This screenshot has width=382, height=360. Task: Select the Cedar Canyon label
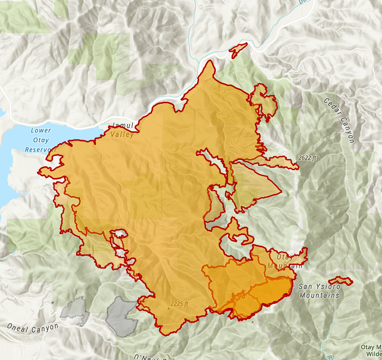(339, 120)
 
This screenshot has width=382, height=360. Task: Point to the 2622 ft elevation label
(308, 158)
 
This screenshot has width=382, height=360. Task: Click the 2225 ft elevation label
(179, 303)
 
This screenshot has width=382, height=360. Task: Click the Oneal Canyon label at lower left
(32, 327)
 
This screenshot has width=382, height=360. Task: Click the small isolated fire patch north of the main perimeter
(238, 49)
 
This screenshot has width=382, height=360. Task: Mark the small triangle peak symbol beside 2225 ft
(168, 309)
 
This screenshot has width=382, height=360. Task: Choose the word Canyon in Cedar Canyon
(345, 130)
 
